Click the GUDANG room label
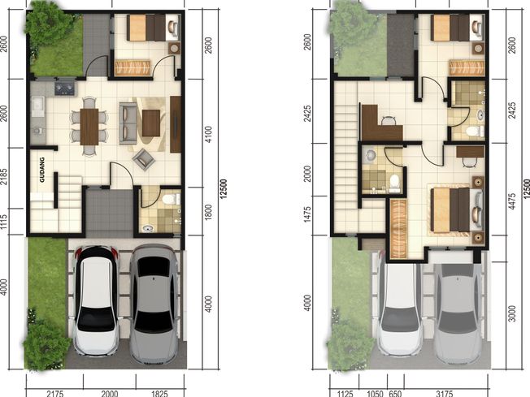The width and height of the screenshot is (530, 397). coord(42,170)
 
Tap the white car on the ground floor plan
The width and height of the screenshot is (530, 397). coord(97,300)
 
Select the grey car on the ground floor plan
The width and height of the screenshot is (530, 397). coord(154,304)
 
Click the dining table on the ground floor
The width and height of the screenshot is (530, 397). coord(89,127)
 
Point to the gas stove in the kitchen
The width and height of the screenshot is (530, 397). coord(64,88)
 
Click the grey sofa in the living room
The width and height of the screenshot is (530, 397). coord(128,123)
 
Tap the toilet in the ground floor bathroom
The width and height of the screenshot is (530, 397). coord(171,199)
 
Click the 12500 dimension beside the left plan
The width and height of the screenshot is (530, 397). coord(224,189)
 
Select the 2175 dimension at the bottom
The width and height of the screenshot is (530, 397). coord(55,393)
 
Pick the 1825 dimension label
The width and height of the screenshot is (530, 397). coord(159,393)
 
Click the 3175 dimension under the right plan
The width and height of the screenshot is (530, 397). coord(445,393)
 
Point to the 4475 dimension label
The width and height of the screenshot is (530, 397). coord(512,201)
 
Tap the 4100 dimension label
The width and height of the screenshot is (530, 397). coord(209,134)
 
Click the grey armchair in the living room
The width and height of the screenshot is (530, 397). coord(144,159)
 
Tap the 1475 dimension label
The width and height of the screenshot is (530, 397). coord(307,214)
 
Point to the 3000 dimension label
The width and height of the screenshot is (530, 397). coord(512,313)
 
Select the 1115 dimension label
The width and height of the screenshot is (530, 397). coord(4,222)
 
